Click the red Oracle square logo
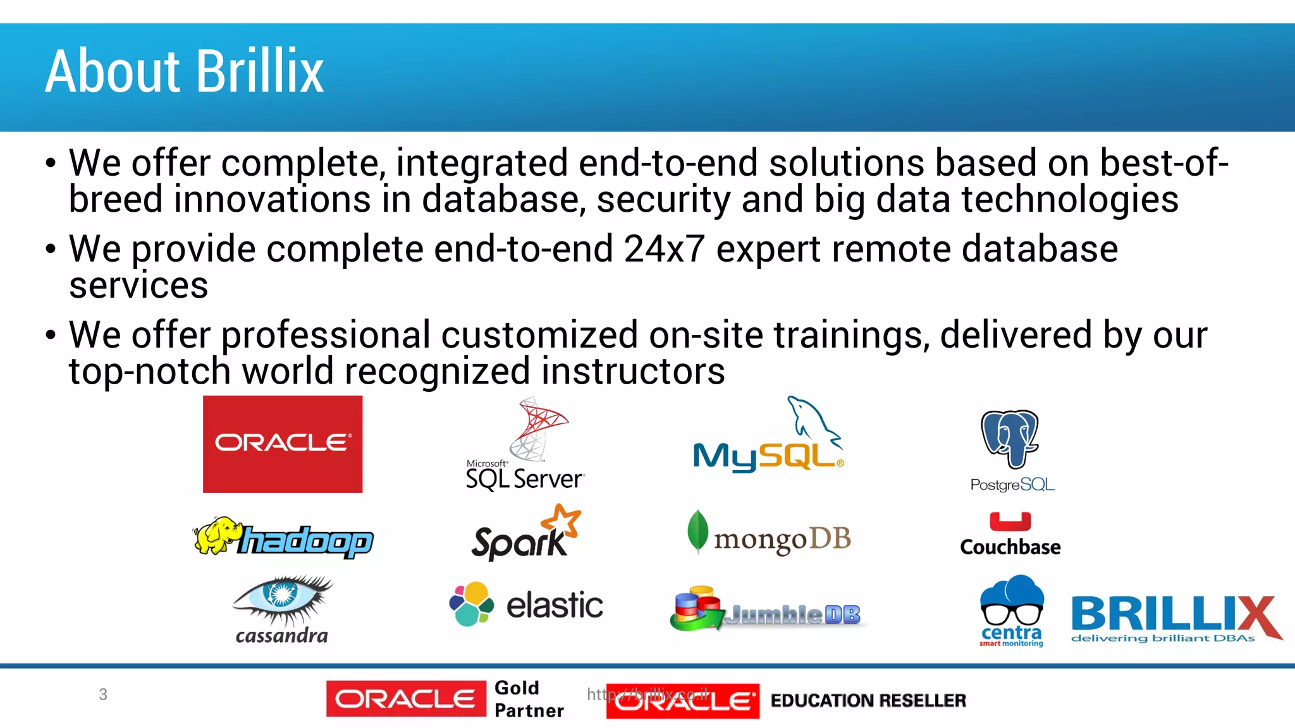pos(283,444)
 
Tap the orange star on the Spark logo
pos(562,519)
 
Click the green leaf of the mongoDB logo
pos(697,531)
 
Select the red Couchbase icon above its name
pos(1010,521)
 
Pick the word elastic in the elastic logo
pos(555,605)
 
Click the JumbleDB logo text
pos(793,614)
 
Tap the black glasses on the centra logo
pos(1011,614)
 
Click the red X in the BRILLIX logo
pos(1255,616)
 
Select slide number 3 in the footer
pos(103,695)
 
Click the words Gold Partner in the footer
pos(529,699)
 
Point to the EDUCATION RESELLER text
pos(868,700)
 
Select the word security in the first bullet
pos(663,200)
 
